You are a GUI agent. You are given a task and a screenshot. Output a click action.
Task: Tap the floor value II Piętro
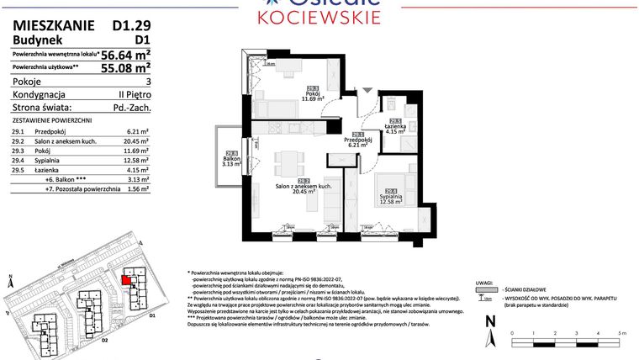[133, 95]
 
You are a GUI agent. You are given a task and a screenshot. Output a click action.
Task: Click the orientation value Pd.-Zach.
[131, 108]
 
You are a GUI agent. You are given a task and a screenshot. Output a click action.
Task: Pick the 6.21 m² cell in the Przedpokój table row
[137, 132]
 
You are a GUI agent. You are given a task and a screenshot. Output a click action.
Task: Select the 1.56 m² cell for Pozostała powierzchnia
[137, 190]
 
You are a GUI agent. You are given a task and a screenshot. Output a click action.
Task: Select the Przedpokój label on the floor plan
[357, 140]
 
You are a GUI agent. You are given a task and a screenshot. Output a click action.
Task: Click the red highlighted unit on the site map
[127, 281]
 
